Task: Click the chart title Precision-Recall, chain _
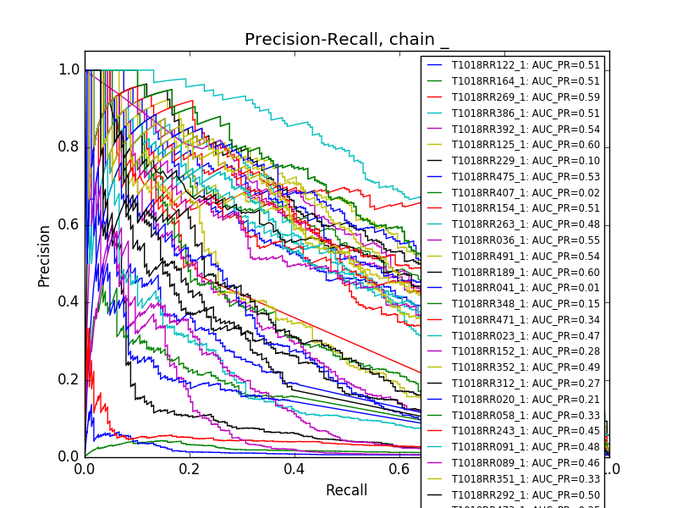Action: click(x=347, y=40)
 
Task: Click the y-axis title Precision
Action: click(x=44, y=255)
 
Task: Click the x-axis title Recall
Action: click(x=347, y=490)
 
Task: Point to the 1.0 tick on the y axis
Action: click(x=69, y=70)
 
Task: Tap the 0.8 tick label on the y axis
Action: click(x=69, y=147)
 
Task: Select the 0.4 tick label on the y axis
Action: click(x=69, y=302)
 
